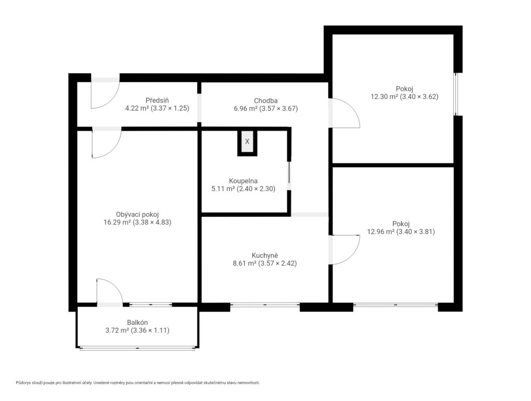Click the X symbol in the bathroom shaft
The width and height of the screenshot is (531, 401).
coord(247,141)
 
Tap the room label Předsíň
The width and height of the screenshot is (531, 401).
coord(157,100)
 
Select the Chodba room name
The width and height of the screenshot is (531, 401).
coord(266,101)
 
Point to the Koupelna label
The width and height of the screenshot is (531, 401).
coord(243,181)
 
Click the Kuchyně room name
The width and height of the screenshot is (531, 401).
coord(265,255)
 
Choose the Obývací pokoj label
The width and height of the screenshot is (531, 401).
coord(137,214)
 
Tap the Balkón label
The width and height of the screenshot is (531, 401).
coord(137,323)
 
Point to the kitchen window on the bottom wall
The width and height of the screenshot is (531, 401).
coord(265,306)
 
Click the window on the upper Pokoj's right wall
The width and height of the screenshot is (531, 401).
coord(456,94)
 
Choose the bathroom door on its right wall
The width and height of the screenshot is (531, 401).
coord(289,176)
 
